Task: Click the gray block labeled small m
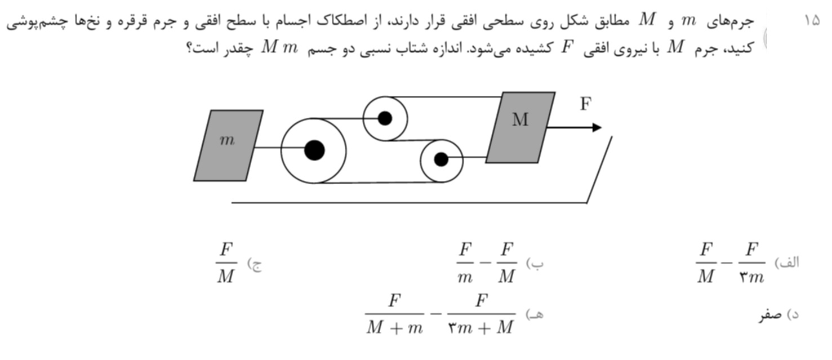click(x=229, y=146)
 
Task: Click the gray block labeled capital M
click(x=520, y=127)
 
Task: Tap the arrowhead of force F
click(x=597, y=127)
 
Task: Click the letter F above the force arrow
click(x=585, y=104)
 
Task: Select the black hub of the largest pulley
click(x=314, y=150)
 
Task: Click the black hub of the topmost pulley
click(x=385, y=118)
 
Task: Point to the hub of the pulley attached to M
click(x=441, y=159)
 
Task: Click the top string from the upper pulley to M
click(x=444, y=97)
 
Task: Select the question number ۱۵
click(x=812, y=20)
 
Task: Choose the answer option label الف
click(x=787, y=263)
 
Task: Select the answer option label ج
click(x=255, y=265)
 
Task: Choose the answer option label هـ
click(x=535, y=314)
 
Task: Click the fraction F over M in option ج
click(x=226, y=263)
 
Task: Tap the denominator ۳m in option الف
click(x=751, y=277)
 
